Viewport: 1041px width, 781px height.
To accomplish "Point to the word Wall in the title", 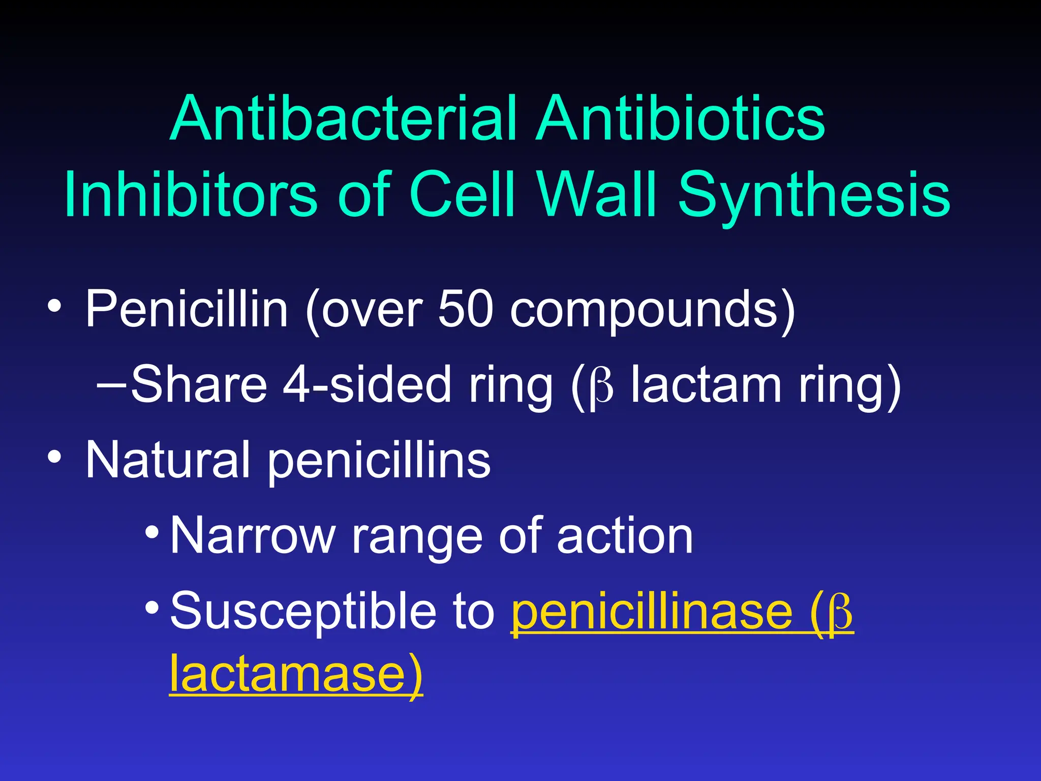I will [x=598, y=194].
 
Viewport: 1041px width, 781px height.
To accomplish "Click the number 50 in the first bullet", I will [x=465, y=309].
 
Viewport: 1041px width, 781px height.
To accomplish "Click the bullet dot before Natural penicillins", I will [x=54, y=457].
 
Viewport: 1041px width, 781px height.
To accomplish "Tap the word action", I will [x=625, y=536].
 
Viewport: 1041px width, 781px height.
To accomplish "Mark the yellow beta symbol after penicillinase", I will [x=840, y=613].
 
